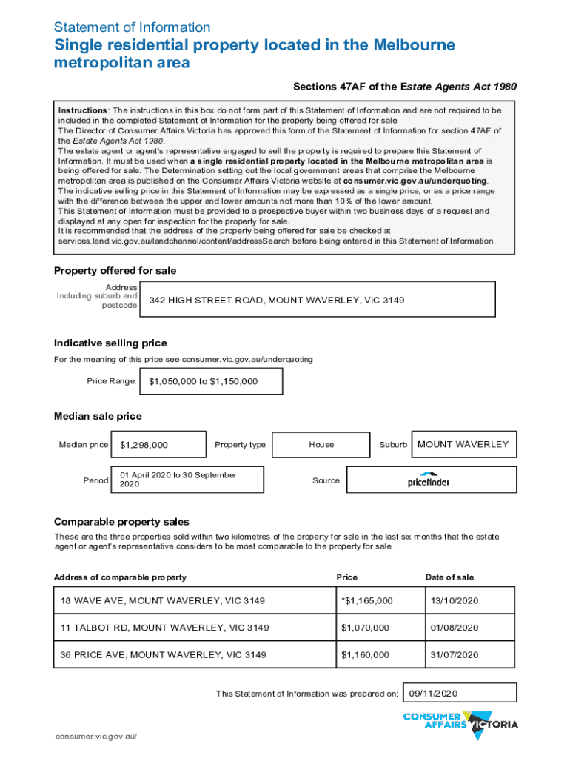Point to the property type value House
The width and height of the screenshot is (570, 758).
point(321,445)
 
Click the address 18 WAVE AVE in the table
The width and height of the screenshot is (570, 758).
point(163,600)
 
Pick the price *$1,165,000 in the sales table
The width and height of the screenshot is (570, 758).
point(366,600)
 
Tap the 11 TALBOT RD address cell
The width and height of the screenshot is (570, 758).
point(165,628)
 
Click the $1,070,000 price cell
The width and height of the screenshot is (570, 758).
point(365,628)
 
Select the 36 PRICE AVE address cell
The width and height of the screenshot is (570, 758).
point(164,655)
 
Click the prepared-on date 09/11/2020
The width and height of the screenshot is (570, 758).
point(434,693)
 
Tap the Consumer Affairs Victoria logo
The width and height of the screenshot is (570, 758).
point(460,723)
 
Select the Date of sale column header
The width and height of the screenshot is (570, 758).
point(449,577)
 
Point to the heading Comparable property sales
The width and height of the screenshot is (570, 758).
point(121,522)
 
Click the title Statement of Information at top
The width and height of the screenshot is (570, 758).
point(132,27)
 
